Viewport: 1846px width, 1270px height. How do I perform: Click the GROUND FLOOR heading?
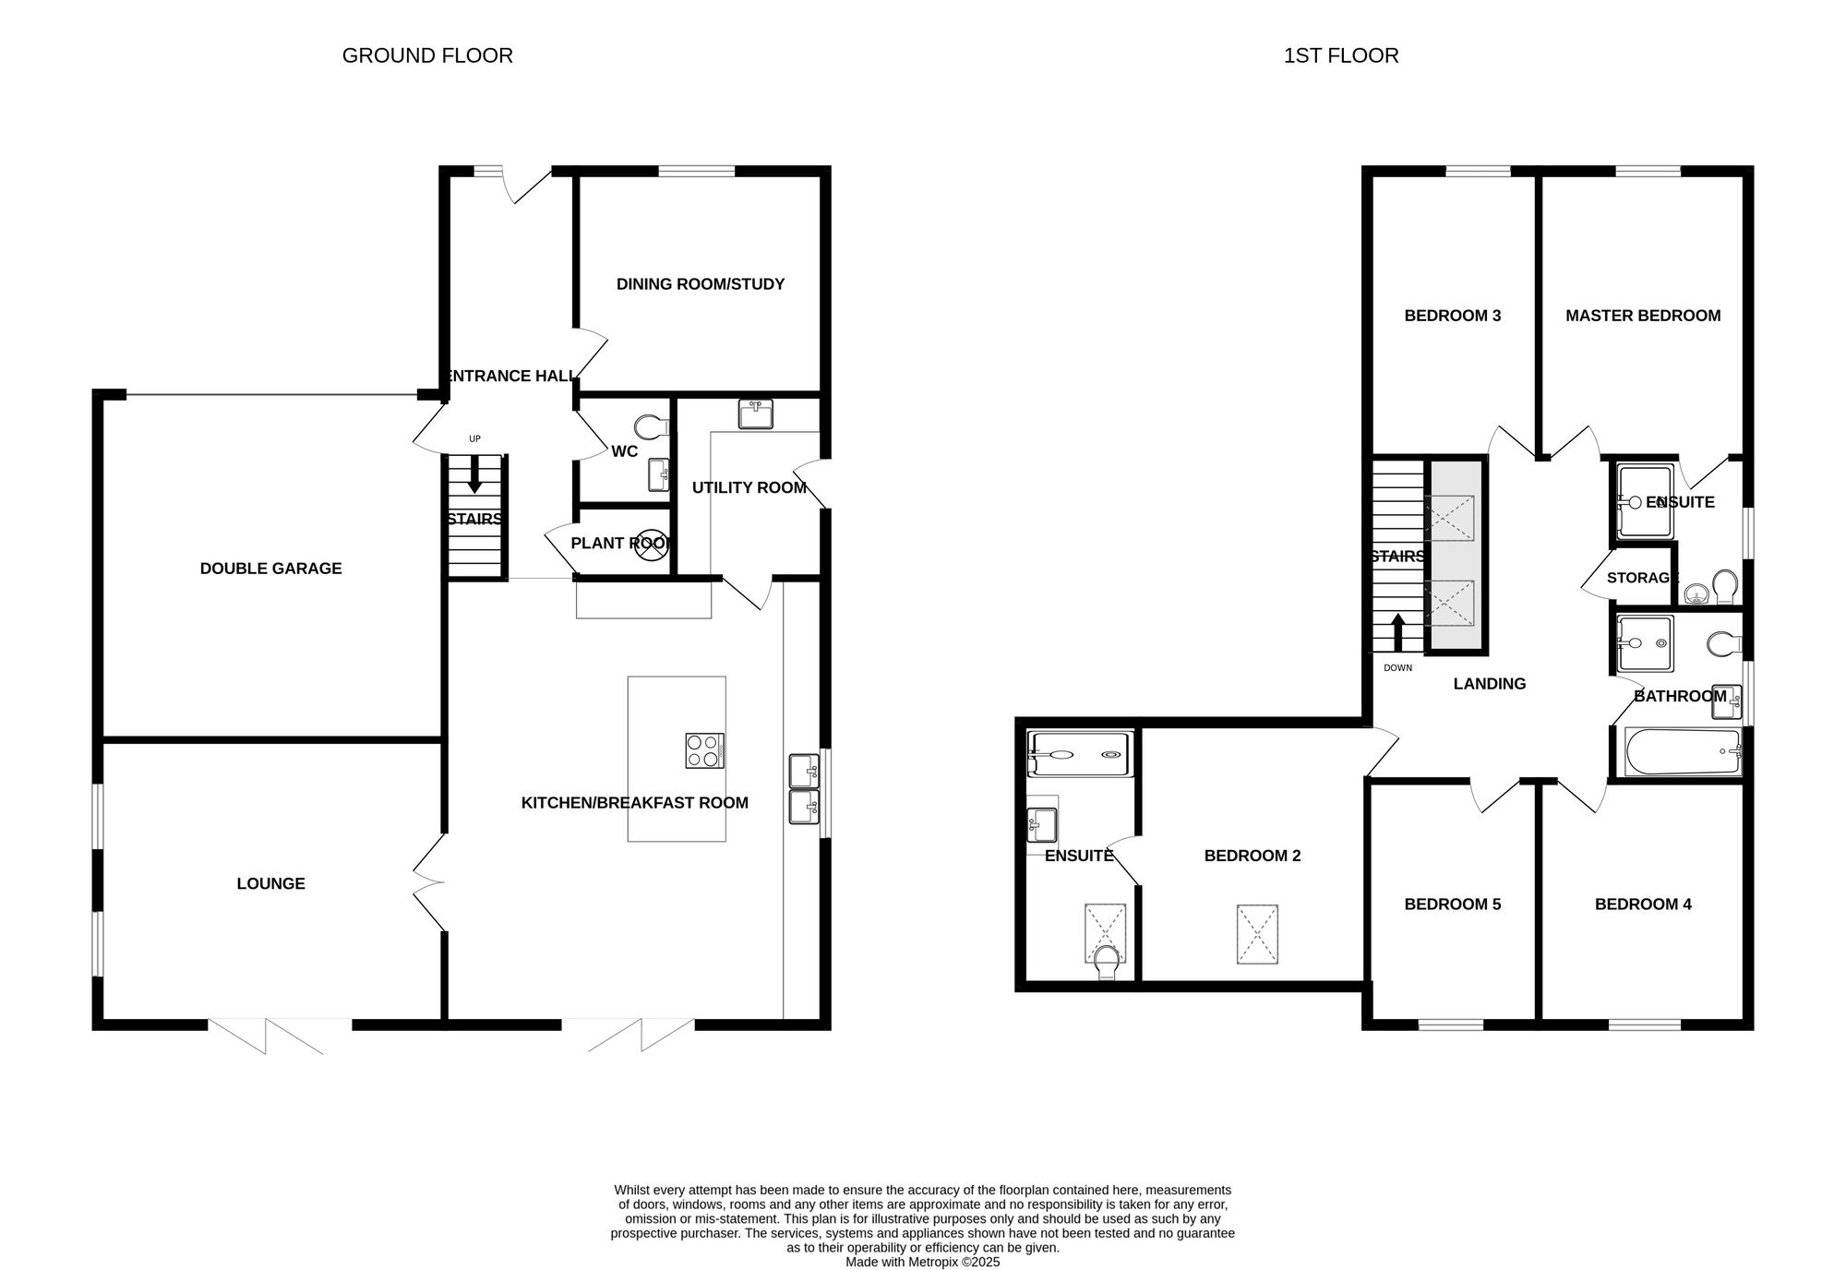coord(427,55)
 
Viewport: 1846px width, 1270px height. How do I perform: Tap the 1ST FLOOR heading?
coord(1341,55)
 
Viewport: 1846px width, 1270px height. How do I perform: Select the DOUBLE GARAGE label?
coord(270,569)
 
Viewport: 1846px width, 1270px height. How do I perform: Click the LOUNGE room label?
coord(270,883)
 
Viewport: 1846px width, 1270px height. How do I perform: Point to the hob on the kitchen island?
coord(704,750)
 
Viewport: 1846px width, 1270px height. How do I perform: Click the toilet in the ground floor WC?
coord(653,426)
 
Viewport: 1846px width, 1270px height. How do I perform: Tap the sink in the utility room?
coord(756,414)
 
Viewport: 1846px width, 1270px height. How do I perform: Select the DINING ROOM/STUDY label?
coord(701,284)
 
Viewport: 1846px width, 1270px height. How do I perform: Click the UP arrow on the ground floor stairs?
coord(475,474)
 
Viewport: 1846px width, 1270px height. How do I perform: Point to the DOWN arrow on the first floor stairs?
coord(1397,633)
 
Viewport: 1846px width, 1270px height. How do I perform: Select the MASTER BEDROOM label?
coord(1643,316)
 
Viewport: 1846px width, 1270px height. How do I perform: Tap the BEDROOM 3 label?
coord(1453,316)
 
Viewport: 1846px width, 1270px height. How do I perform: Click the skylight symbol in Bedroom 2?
coord(1257,935)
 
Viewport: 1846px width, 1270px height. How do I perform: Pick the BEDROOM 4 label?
coord(1643,905)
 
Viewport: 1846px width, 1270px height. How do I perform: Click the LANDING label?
coord(1490,684)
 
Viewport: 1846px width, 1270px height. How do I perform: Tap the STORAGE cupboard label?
coord(1643,578)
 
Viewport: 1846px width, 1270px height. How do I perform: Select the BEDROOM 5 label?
coord(1453,905)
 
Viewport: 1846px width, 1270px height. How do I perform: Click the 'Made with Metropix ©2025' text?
coord(923,1262)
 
